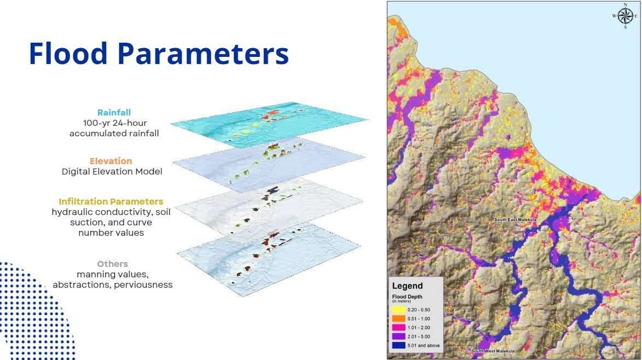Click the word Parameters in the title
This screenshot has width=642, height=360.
[x=204, y=53]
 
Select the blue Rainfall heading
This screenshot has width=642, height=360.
[x=114, y=113]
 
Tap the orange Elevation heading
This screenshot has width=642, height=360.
[x=111, y=161]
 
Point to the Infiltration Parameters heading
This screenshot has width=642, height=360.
[x=111, y=201]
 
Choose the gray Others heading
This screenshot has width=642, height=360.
[x=113, y=264]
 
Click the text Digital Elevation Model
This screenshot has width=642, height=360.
[x=112, y=171]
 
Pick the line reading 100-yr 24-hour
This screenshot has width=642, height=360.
[x=114, y=123]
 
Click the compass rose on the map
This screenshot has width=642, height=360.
[x=625, y=16]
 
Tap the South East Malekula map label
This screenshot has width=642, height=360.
[x=515, y=220]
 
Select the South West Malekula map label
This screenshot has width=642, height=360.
[x=493, y=351]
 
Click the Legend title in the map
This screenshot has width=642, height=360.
[x=407, y=286]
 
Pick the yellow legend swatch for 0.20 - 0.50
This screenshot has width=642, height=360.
[x=398, y=310]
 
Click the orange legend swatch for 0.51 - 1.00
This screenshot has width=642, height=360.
[x=398, y=318]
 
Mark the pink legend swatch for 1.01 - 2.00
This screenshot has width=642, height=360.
[x=398, y=328]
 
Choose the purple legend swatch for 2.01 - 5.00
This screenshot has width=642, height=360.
[x=398, y=336]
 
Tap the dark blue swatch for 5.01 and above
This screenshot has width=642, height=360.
[x=398, y=346]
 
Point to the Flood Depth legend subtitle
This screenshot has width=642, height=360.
[x=407, y=297]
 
